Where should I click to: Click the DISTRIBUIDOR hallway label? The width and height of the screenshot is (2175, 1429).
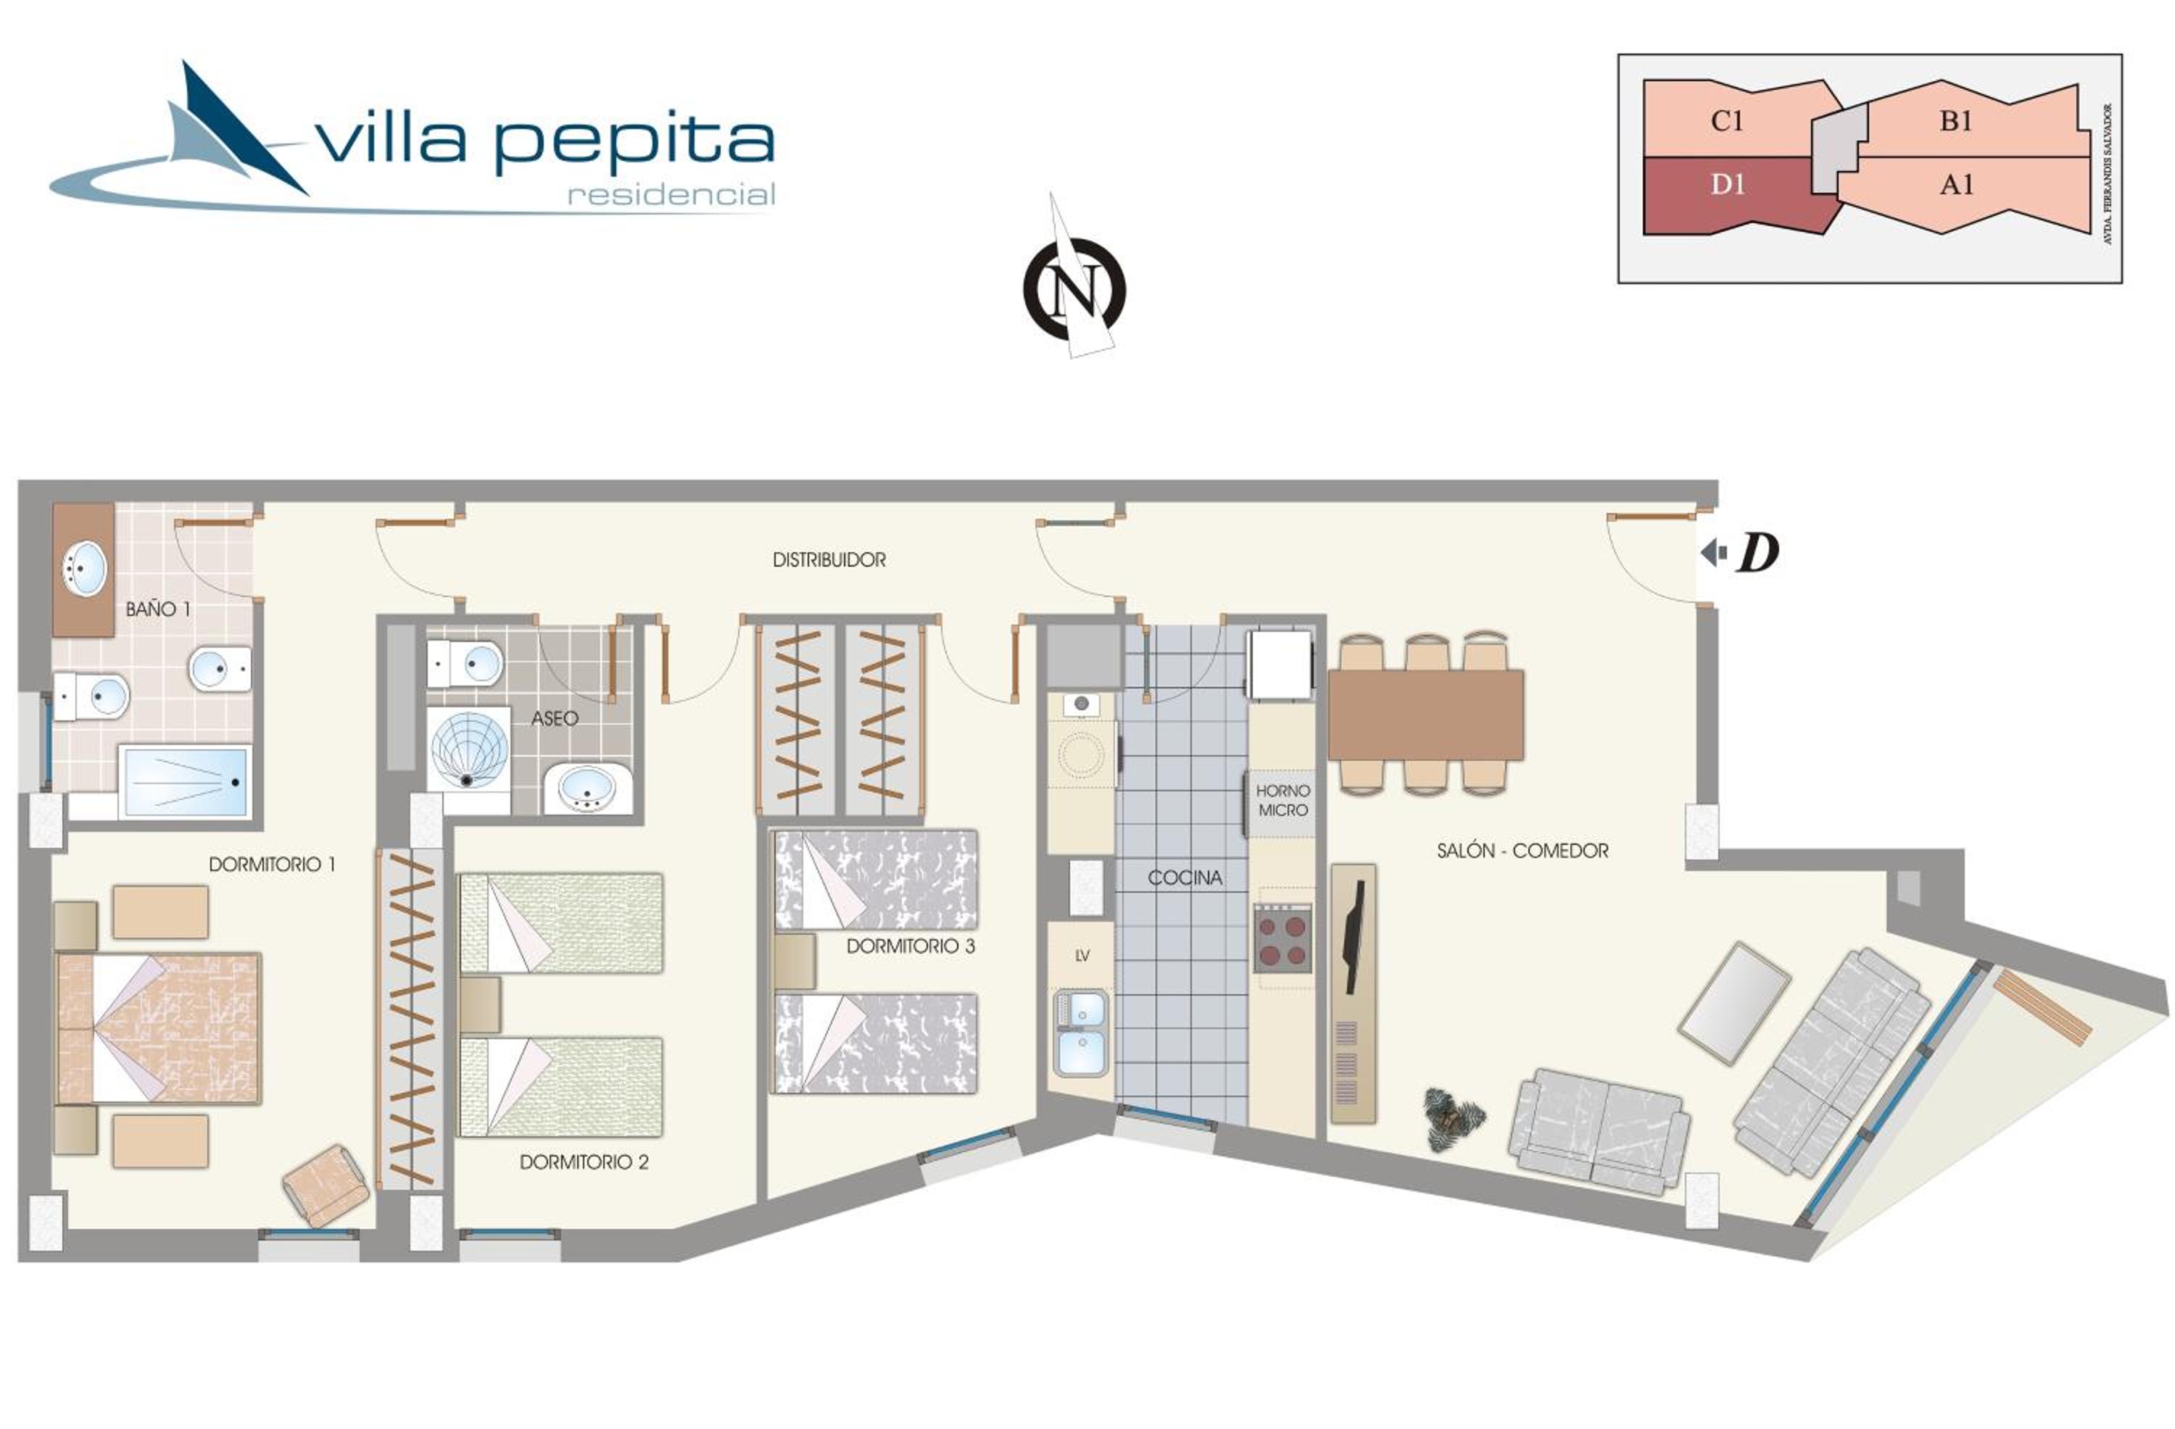[829, 560]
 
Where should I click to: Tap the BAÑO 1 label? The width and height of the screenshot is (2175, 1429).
[158, 609]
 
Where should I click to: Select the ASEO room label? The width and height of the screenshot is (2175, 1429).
[555, 718]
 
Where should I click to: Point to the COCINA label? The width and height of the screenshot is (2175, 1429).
[1185, 877]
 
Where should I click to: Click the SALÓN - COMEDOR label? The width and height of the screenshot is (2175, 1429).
[1522, 851]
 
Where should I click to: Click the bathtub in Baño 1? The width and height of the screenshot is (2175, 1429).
[185, 782]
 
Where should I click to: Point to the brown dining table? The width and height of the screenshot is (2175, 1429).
[1425, 714]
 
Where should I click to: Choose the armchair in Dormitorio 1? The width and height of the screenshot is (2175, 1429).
[326, 1186]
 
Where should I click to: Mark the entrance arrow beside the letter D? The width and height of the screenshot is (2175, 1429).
[1713, 553]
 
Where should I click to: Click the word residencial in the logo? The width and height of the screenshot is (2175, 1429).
[671, 195]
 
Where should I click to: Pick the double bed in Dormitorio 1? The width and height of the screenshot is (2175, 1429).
[159, 1028]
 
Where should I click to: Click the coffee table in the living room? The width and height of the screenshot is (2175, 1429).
[1733, 1003]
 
